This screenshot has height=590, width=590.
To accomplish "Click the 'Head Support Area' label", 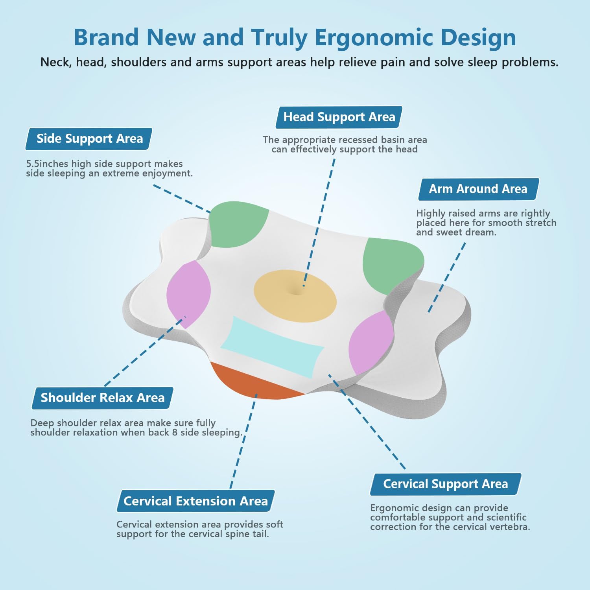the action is coord(339,117).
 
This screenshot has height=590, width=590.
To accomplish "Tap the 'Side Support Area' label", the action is coord(89,139).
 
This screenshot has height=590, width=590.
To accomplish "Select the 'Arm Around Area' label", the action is coord(478,189).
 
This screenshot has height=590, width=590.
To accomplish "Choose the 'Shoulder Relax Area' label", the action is coord(103,398).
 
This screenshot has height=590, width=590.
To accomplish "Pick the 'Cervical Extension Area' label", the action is coord(195,501).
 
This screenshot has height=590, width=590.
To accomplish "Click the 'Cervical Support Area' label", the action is coord(446,484).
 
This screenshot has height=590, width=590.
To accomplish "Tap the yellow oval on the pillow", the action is coord(295,296).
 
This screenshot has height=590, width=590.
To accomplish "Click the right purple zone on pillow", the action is coord(371,342).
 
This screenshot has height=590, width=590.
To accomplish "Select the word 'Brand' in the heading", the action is coord(106,37).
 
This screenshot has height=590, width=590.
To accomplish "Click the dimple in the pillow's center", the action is coord(296,291).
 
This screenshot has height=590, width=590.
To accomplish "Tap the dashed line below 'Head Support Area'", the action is coord(319,223).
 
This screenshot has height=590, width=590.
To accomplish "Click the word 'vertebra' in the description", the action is coord(510,527).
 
